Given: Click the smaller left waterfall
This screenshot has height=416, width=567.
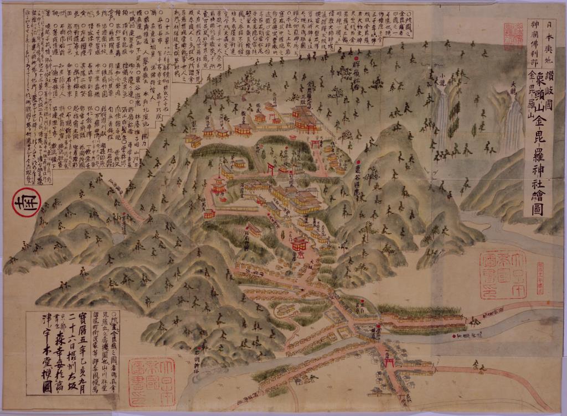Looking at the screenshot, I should pos(441,113).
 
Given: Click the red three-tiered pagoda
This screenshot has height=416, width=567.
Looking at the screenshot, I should pos(219,185).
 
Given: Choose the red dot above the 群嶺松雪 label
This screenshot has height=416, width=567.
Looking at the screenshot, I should pos(356,58).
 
